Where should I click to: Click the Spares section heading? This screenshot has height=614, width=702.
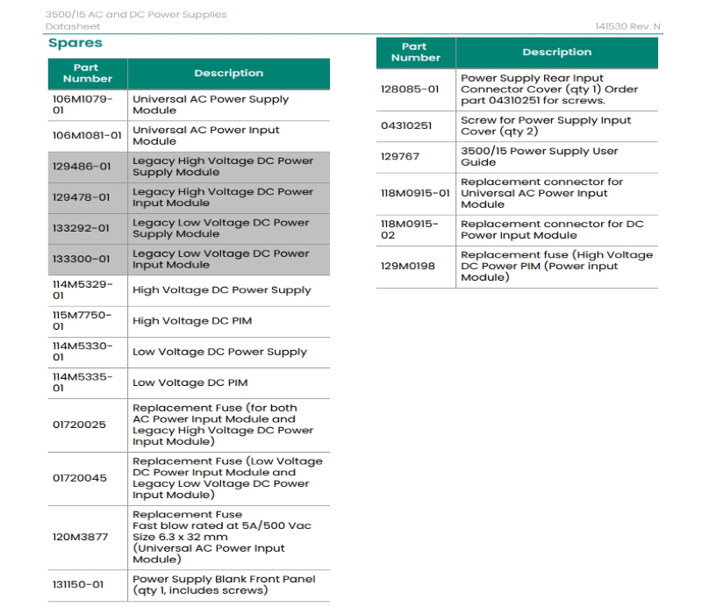[75, 43]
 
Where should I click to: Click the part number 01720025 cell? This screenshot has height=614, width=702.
[79, 425]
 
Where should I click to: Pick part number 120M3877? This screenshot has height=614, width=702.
[79, 537]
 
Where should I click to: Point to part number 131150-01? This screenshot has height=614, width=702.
[79, 584]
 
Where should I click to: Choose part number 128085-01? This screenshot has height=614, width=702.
[409, 89]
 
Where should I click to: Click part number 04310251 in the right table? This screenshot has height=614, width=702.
[405, 125]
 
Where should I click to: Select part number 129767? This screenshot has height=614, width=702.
[399, 156]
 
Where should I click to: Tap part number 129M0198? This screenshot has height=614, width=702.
[407, 266]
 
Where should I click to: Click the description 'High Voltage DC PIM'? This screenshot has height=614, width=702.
[192, 321]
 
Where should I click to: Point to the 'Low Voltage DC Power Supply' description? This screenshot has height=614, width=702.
[219, 352]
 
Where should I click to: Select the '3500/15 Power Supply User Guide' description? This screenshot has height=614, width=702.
[539, 156]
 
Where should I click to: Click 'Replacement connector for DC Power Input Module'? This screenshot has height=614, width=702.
[552, 229]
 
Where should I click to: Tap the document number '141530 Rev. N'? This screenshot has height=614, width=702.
[627, 27]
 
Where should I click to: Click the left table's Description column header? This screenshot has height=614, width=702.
[228, 74]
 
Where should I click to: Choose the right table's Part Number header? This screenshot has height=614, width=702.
[415, 52]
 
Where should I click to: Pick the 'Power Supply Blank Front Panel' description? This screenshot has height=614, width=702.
[223, 584]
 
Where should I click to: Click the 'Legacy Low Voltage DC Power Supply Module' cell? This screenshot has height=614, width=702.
[220, 228]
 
